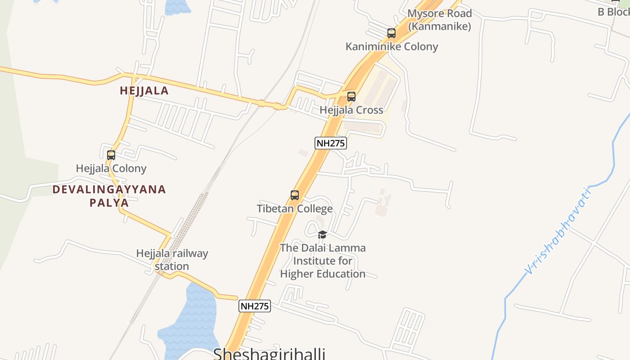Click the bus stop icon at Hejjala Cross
pyautogui.click(x=351, y=97)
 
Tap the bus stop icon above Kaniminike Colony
pyautogui.click(x=391, y=33)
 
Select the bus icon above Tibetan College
pyautogui.click(x=295, y=195)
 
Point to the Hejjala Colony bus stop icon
pyautogui.click(x=111, y=155)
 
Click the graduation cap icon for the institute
pyautogui.click(x=322, y=234)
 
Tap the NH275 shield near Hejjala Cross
pyautogui.click(x=330, y=143)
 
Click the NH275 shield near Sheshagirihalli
pyautogui.click(x=254, y=306)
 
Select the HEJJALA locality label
pyautogui.click(x=144, y=91)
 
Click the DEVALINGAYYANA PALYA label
pyautogui.click(x=109, y=196)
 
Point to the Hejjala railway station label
pyautogui.click(x=172, y=260)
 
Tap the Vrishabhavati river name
pyautogui.click(x=558, y=230)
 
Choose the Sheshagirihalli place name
pyautogui.click(x=269, y=353)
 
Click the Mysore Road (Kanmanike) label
pyautogui.click(x=439, y=20)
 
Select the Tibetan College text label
pyautogui.click(x=295, y=209)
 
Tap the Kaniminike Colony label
pyautogui.click(x=391, y=47)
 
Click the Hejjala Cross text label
pyautogui.click(x=351, y=110)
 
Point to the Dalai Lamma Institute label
pyautogui.click(x=323, y=261)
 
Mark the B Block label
pyautogui.click(x=613, y=12)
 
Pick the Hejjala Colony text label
pyautogui.click(x=111, y=169)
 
